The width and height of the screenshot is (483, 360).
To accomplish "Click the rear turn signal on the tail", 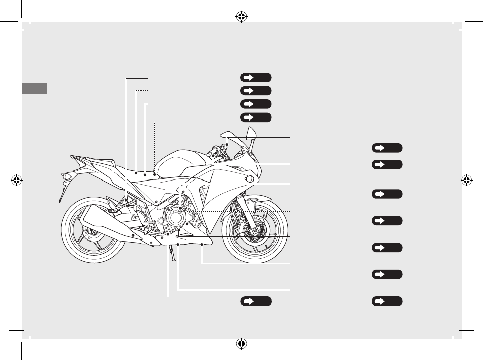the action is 65,176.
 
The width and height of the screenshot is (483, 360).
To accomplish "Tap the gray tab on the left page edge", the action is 35,88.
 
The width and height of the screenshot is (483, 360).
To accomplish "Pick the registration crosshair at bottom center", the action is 241,344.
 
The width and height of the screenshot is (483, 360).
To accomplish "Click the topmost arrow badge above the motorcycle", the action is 256,77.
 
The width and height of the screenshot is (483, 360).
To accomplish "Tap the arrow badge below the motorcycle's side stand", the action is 256,301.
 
